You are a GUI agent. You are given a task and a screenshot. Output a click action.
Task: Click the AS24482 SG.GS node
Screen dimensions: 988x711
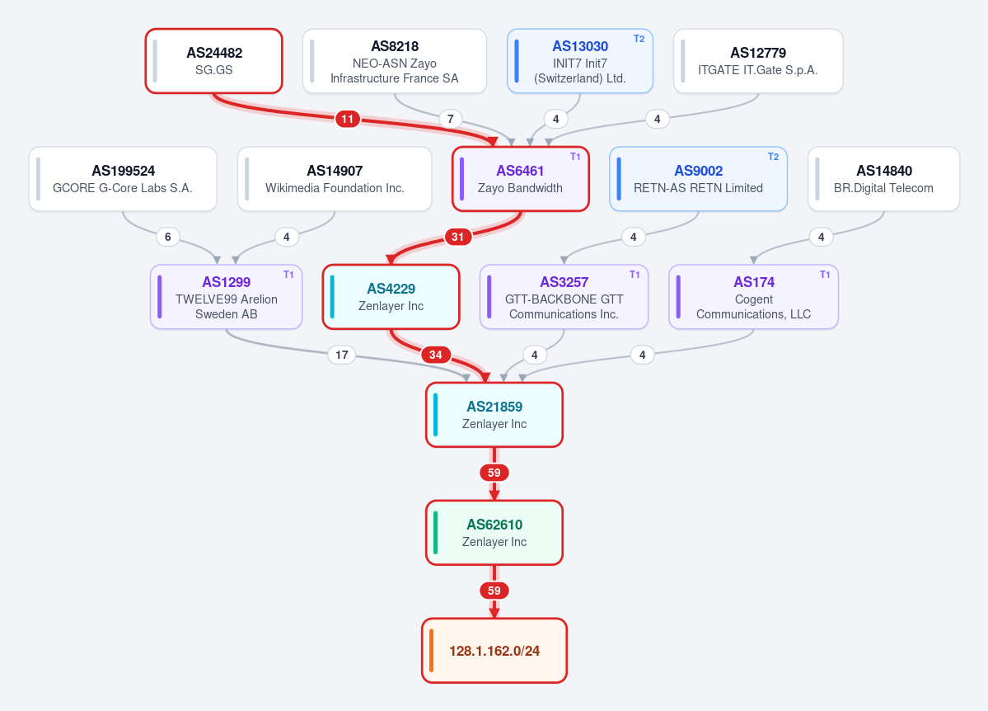pos(213,61)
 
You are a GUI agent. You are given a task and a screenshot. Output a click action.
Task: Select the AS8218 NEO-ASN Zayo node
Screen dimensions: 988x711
pos(395,61)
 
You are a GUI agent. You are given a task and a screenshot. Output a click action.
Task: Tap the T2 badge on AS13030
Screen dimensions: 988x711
pos(639,39)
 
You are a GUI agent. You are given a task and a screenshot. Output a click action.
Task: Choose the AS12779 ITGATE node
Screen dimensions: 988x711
pos(758,61)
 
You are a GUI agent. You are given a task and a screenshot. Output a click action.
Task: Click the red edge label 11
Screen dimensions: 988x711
pos(347,119)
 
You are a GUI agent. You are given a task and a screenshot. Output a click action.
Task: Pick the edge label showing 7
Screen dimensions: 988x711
pos(450,119)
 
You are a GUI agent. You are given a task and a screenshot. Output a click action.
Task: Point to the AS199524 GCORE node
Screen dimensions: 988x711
pos(123,179)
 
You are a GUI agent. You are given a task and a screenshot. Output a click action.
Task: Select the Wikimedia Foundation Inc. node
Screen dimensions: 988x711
pos(335,179)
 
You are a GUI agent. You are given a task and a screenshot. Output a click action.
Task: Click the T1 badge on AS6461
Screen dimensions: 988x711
pos(575,157)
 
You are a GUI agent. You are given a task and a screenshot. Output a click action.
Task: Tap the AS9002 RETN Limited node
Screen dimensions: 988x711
pos(698,179)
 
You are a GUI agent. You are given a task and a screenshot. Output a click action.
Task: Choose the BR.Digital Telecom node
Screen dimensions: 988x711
pos(883,179)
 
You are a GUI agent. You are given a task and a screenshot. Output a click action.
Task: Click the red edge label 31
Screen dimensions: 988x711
pos(458,237)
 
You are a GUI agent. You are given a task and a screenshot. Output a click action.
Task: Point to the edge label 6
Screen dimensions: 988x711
pos(167,237)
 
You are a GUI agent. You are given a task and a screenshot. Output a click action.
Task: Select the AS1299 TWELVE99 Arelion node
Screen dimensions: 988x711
pos(227,297)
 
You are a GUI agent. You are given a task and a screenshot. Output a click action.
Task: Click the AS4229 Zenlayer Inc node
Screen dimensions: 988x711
pos(391,297)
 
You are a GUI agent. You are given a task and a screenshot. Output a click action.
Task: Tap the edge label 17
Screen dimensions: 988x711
pos(341,355)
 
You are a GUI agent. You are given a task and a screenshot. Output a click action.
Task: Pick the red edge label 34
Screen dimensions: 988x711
pos(435,355)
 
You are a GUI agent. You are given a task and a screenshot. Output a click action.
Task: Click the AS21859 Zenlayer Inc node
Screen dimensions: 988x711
pos(494,415)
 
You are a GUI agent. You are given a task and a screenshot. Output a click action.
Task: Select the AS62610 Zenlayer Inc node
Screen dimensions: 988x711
pos(494,533)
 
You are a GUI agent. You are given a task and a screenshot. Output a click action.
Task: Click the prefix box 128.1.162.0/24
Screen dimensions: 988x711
pos(494,651)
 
